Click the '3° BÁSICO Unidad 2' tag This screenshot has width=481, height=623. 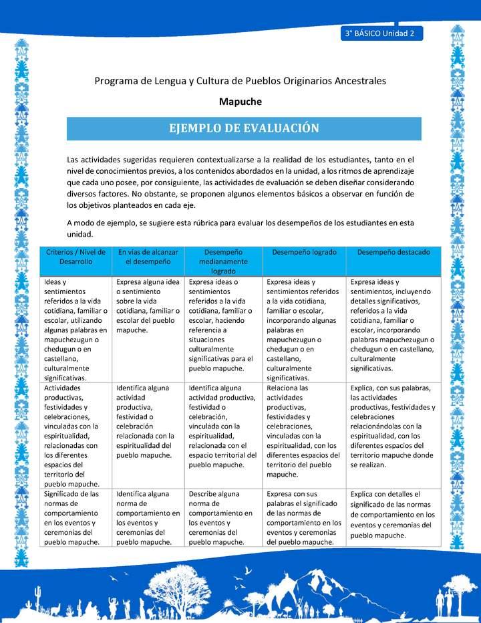380,33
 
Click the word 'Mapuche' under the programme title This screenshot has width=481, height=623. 240,102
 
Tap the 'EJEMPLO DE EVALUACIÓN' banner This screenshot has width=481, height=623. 244,128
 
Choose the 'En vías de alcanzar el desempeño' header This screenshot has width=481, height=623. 148,257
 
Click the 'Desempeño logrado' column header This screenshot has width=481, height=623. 305,253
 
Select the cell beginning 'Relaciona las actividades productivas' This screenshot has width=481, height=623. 304,430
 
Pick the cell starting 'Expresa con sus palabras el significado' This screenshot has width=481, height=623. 304,518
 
